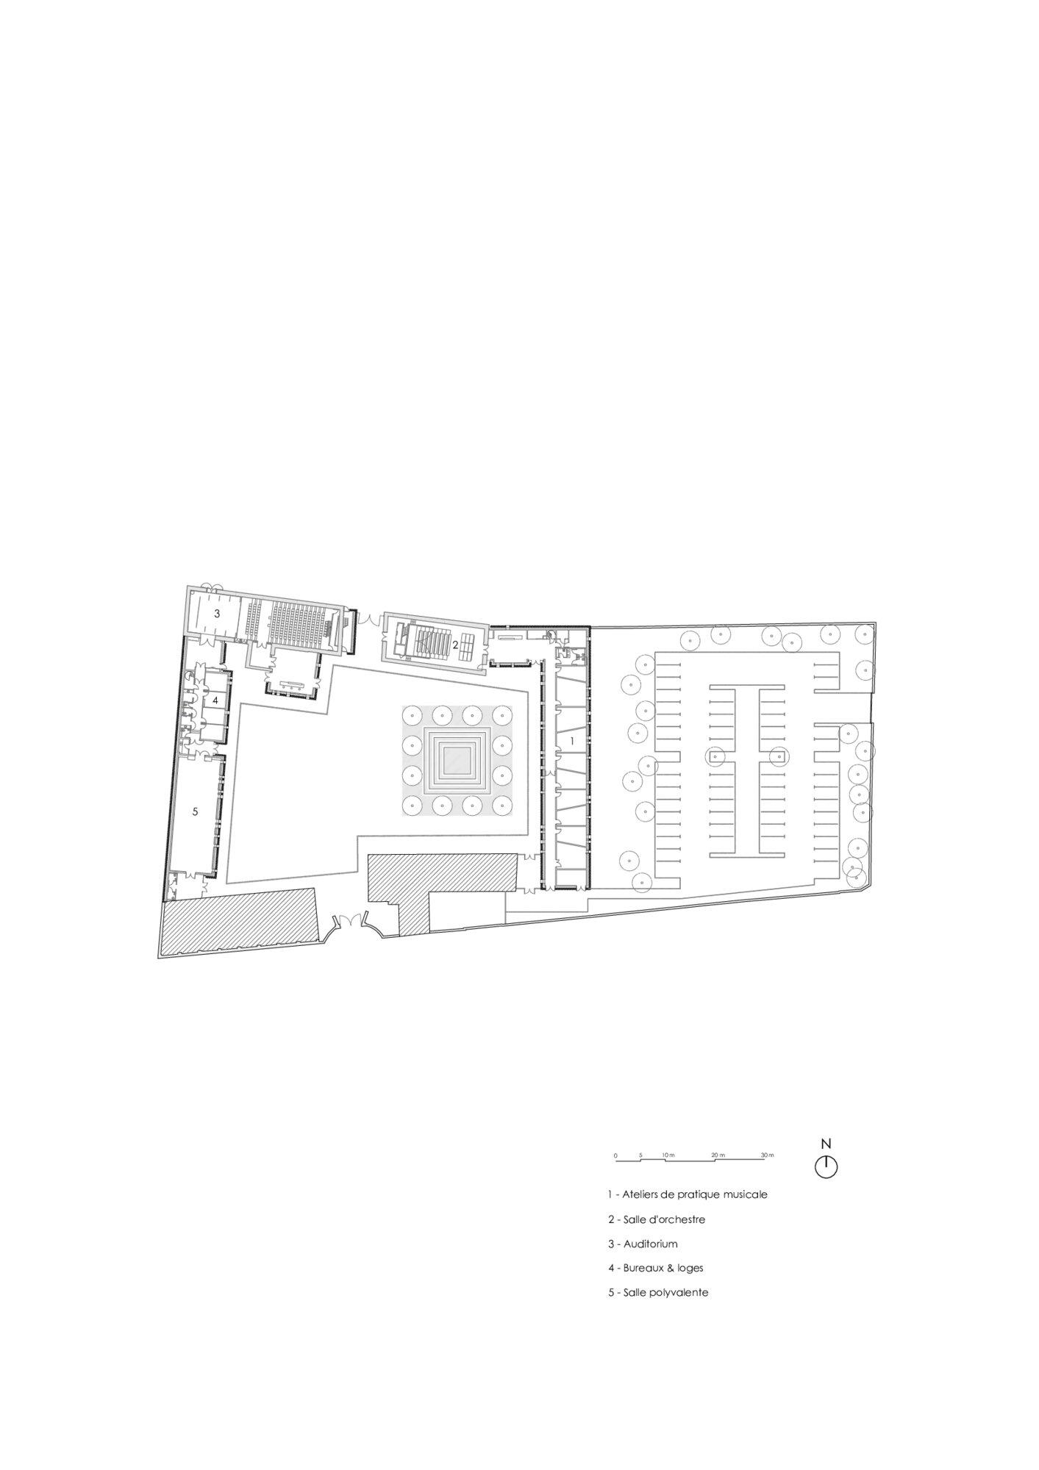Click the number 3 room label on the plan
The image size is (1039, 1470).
tap(217, 612)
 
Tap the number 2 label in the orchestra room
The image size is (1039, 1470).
tap(455, 645)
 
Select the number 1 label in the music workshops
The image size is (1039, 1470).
tap(572, 742)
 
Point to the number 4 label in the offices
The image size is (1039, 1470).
tap(215, 700)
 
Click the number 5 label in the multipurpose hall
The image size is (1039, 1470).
tap(195, 811)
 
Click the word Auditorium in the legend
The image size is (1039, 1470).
tap(651, 1244)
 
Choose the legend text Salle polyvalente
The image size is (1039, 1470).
tap(666, 1292)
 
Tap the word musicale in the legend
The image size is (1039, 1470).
tap(743, 1194)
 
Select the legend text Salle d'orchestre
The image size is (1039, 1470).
tap(664, 1219)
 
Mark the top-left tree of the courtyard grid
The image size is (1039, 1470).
tap(410, 714)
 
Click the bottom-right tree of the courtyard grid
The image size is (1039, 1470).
tap(503, 806)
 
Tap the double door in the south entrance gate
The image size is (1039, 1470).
tap(349, 921)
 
